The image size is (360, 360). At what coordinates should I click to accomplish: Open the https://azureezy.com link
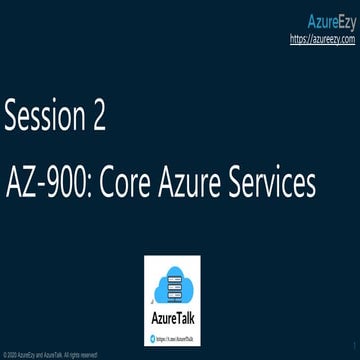[322, 39]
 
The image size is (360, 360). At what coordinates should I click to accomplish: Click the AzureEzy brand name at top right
[327, 21]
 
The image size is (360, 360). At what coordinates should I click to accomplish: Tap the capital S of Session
[13, 118]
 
